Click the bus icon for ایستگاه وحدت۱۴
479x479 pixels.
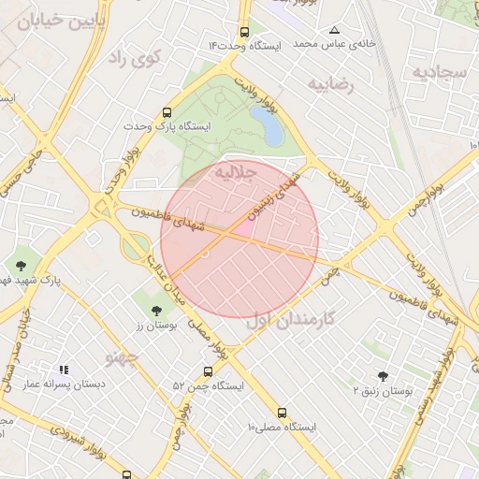[x=244, y=31]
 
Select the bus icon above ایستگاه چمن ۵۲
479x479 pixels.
[x=208, y=371]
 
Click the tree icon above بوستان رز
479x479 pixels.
[x=155, y=311]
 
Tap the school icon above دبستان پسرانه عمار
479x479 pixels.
[x=64, y=370]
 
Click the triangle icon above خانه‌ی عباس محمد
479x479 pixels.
[x=334, y=30]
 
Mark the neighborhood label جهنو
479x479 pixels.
[x=123, y=356]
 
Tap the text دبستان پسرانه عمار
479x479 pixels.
[x=64, y=384]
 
